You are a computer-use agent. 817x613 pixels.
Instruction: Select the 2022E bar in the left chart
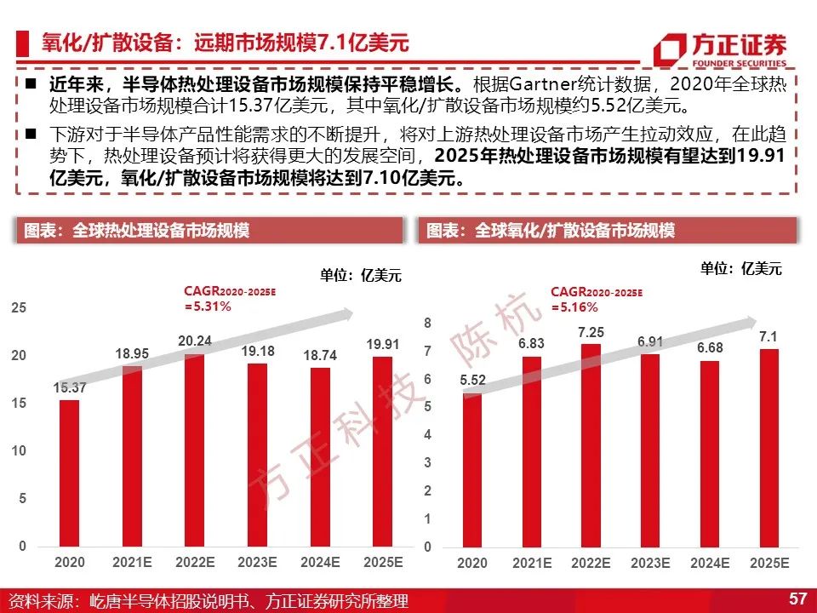195,450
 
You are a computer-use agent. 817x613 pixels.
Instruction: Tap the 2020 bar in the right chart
472,470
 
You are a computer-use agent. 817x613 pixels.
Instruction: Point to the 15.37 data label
69,387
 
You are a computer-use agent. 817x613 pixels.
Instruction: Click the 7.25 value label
591,332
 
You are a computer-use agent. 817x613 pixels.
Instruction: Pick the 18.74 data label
320,356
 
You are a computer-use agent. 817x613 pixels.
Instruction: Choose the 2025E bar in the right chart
769,449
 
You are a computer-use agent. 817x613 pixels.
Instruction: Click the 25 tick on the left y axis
19,307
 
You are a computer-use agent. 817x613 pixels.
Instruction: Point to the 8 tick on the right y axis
428,324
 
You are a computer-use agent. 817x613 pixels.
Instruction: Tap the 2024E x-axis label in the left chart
320,563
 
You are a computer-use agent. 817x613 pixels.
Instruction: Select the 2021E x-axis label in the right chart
532,563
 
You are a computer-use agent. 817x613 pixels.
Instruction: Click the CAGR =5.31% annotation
230,299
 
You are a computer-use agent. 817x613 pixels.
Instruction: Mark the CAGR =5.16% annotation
597,299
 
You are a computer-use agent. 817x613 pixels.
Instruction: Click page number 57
797,598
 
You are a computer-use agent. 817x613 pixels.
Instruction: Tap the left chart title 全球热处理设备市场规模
161,230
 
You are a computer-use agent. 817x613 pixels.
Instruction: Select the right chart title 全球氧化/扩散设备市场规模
574,230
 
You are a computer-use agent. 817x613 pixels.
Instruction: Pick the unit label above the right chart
741,268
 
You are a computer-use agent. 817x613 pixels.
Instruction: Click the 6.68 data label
710,347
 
